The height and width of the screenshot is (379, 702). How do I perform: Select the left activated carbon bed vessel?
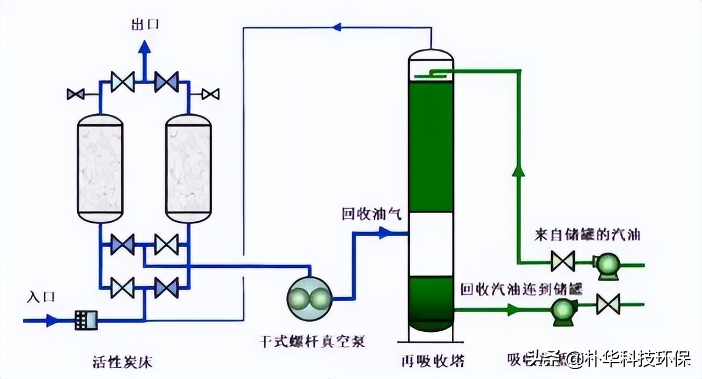pyautogui.click(x=100, y=169)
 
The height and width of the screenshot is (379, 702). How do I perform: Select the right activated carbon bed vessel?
pyautogui.click(x=188, y=169)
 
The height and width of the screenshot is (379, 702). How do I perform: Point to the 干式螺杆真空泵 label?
pyautogui.click(x=312, y=341)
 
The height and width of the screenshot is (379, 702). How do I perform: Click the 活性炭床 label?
pyautogui.click(x=122, y=363)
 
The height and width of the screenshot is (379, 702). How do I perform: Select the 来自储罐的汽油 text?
pyautogui.click(x=587, y=235)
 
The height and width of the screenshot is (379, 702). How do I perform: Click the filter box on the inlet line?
pyautogui.click(x=86, y=320)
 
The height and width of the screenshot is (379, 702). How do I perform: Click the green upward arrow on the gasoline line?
pyautogui.click(x=517, y=171)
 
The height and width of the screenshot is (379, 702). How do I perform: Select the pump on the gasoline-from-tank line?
pyautogui.click(x=607, y=264)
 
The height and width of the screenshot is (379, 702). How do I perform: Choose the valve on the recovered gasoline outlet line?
pyautogui.click(x=608, y=304)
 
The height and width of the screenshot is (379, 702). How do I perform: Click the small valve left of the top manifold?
pyautogui.click(x=75, y=94)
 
